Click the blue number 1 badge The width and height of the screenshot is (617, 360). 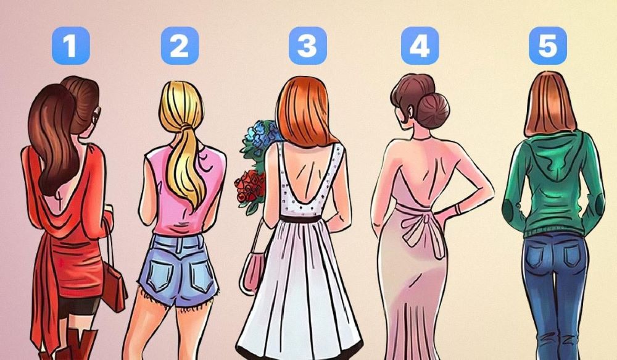point(71,46)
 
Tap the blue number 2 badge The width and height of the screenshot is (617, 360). point(180,46)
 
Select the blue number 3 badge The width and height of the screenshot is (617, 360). point(308,46)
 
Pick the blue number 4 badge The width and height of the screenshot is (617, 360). point(420,46)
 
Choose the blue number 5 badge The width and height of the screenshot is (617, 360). point(548,46)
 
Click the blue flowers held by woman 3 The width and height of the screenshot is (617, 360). point(260,136)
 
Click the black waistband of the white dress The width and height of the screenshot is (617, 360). point(300,219)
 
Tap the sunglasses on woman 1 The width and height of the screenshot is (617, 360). point(96,115)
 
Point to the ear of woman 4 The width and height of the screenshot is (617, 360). point(411,112)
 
